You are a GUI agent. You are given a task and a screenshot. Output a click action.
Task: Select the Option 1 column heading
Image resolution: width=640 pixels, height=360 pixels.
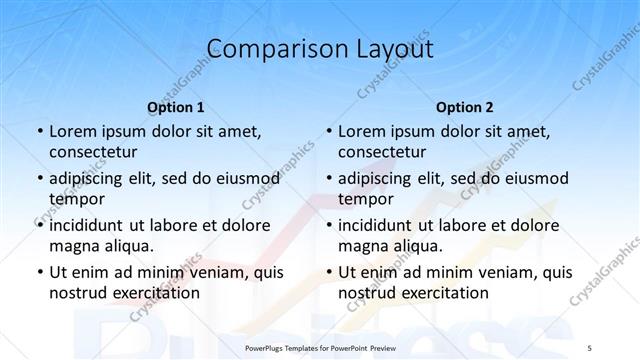click(x=175, y=107)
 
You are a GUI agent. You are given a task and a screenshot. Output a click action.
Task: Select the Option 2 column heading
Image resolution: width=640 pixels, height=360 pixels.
click(x=465, y=107)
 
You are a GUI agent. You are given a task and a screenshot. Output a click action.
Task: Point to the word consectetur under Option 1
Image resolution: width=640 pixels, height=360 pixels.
click(x=93, y=152)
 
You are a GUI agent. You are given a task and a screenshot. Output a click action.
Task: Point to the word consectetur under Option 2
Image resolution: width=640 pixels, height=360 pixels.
click(x=383, y=152)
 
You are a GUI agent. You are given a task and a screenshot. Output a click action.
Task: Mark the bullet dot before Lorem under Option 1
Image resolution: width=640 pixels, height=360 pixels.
click(x=38, y=132)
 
